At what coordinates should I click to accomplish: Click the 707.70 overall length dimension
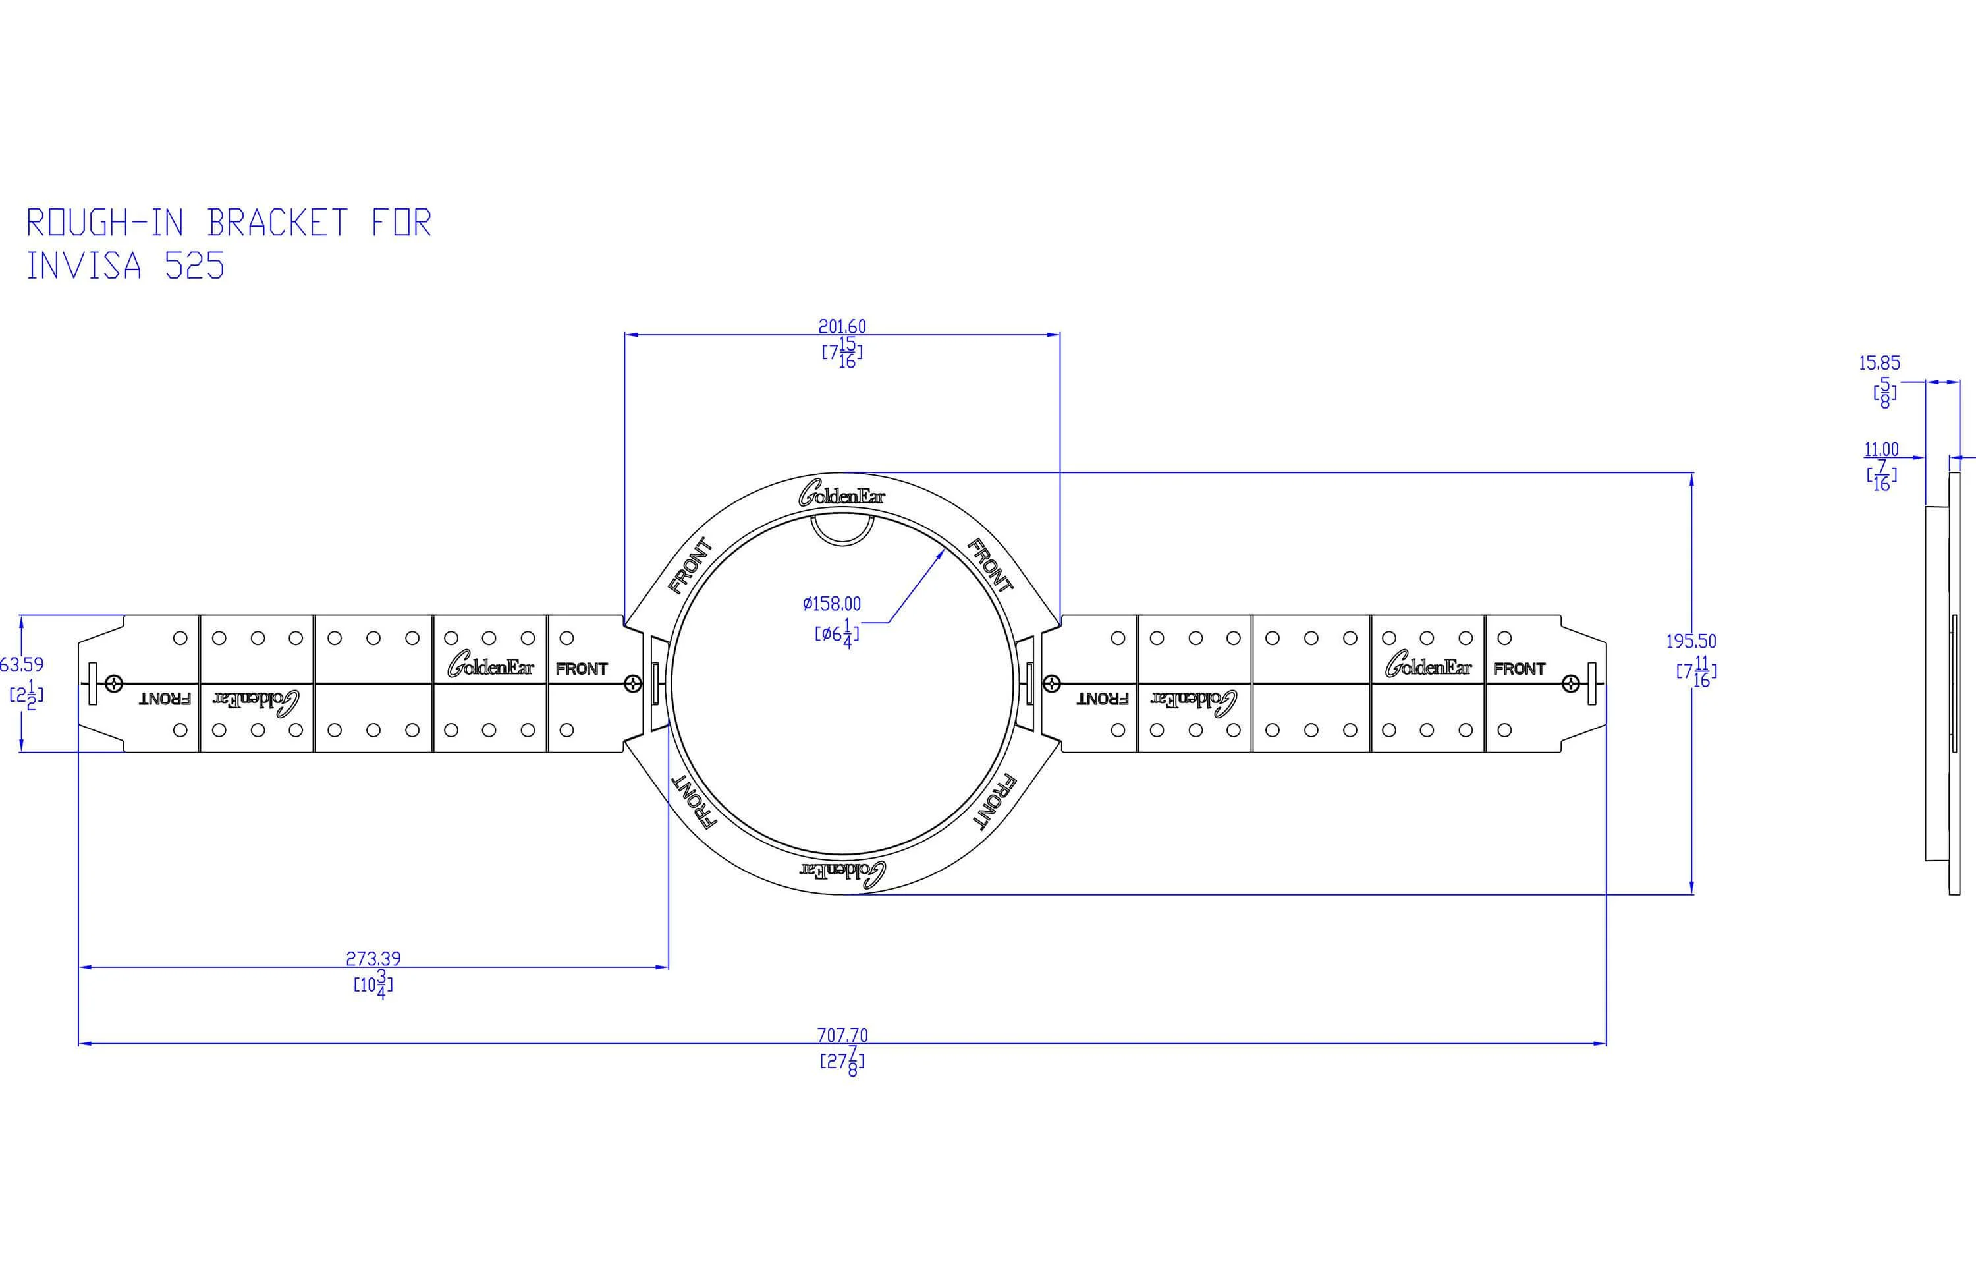(x=842, y=1035)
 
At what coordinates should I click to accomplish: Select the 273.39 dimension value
(x=373, y=959)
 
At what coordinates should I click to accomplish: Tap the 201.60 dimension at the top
(x=842, y=326)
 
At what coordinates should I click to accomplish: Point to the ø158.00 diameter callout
(x=832, y=604)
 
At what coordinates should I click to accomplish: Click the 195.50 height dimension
(x=1691, y=641)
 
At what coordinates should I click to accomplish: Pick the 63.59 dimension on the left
(x=22, y=664)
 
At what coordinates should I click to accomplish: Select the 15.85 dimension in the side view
(x=1880, y=363)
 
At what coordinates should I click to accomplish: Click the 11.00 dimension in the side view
(x=1881, y=449)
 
